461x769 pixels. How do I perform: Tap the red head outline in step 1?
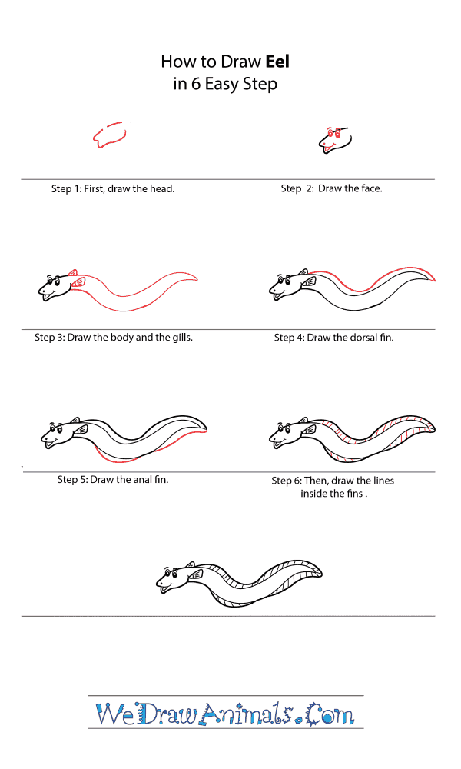[x=109, y=135]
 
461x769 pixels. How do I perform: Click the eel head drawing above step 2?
[x=335, y=139]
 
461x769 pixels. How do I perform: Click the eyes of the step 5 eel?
[x=55, y=427]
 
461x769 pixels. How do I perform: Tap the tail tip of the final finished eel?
[x=320, y=571]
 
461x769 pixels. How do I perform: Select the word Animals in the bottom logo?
[x=250, y=714]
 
